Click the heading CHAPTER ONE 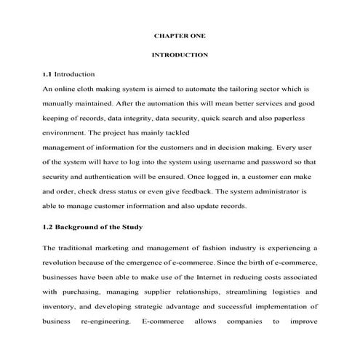(180, 35)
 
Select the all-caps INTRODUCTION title (180, 55)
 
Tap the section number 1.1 (47, 74)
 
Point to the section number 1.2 (47, 227)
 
